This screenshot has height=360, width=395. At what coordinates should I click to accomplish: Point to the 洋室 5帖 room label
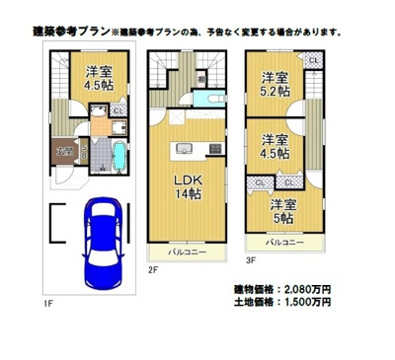(x=284, y=210)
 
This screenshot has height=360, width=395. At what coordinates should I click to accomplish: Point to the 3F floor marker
(x=251, y=260)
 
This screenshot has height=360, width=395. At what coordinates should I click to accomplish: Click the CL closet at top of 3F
(x=312, y=62)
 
